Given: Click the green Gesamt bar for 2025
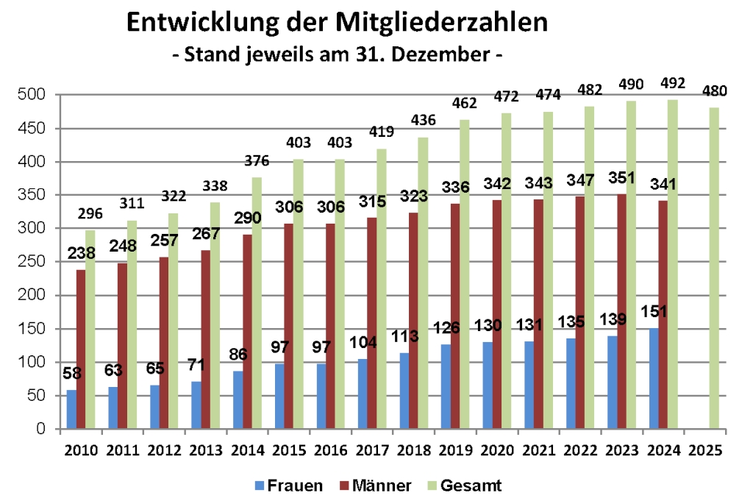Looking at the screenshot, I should [713, 269].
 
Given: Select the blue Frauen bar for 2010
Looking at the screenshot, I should [71, 410].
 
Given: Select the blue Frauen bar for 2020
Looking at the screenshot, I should [488, 385].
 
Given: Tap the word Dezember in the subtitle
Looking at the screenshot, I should [448, 54].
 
